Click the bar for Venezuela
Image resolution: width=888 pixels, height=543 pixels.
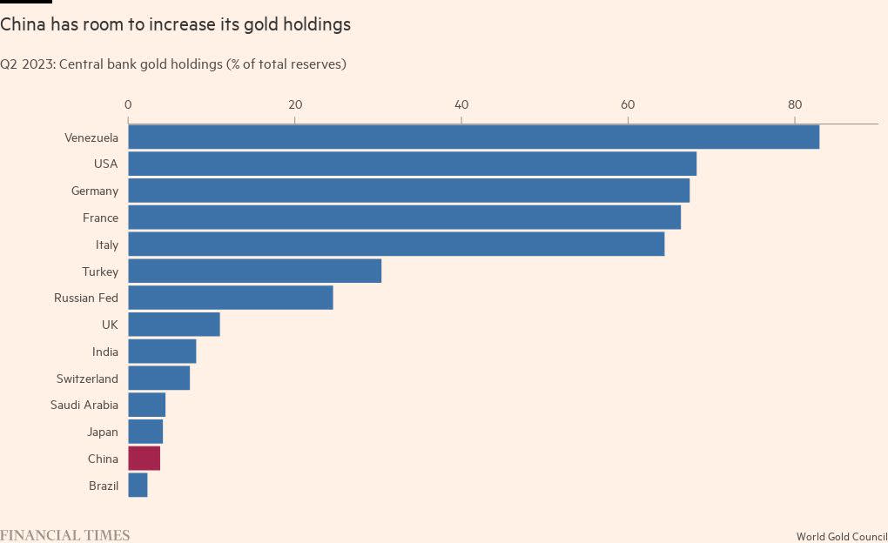click(474, 137)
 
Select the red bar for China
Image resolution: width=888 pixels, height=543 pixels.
click(145, 459)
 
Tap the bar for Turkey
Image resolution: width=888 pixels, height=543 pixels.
click(254, 271)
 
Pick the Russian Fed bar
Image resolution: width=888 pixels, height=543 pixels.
click(231, 298)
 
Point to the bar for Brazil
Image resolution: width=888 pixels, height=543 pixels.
click(138, 486)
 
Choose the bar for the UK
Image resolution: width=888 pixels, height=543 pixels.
click(174, 325)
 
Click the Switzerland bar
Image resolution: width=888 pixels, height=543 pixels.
click(158, 379)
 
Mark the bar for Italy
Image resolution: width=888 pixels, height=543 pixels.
click(396, 245)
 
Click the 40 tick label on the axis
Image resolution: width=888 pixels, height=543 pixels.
click(461, 105)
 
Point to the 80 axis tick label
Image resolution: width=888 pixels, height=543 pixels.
click(794, 105)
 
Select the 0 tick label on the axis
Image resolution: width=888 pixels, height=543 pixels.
click(128, 105)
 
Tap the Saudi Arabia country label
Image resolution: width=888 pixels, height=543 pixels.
click(84, 405)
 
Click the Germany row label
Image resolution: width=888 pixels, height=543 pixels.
click(95, 191)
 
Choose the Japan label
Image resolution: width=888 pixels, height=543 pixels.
click(103, 432)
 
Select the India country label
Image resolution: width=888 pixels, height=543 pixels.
click(105, 352)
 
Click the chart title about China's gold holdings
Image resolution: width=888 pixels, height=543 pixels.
click(176, 24)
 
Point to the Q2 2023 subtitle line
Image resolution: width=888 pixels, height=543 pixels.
click(173, 64)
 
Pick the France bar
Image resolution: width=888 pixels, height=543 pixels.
click(404, 218)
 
